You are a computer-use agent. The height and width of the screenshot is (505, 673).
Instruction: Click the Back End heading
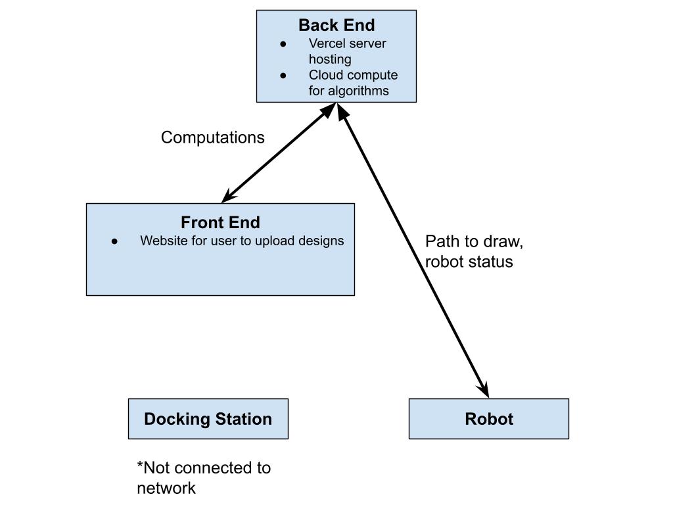click(x=336, y=26)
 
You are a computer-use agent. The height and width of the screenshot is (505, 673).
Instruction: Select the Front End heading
click(x=220, y=223)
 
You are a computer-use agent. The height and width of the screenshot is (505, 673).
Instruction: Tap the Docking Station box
click(x=208, y=419)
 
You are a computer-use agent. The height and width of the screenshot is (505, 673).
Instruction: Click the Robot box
click(x=488, y=419)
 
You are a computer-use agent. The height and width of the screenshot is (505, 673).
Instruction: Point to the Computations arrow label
click(x=212, y=137)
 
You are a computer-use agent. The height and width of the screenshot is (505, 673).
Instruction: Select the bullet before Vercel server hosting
click(x=283, y=44)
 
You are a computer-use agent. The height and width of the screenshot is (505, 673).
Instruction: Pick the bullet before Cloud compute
click(x=283, y=76)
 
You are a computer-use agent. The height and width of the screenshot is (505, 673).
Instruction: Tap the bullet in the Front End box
click(x=114, y=241)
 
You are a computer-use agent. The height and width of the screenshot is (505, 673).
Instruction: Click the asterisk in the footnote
click(x=140, y=466)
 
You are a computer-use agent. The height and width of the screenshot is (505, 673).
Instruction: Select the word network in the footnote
click(x=166, y=488)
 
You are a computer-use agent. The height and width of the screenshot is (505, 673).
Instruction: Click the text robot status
click(x=469, y=261)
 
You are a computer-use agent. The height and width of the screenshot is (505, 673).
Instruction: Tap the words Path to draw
click(x=474, y=241)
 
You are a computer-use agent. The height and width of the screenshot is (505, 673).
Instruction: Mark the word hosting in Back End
click(x=330, y=59)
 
